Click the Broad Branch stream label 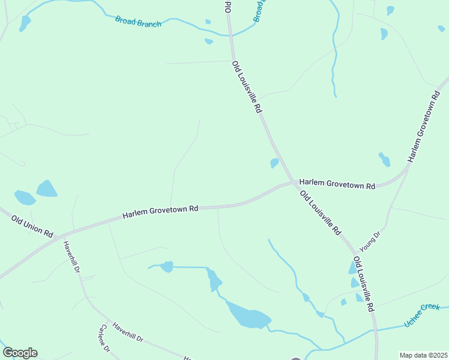point(138,22)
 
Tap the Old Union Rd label point(32,226)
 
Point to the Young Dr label point(370,241)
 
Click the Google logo point(20,353)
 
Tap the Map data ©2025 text point(423,355)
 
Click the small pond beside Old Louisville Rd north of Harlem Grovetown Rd point(274,163)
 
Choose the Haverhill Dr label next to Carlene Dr point(127,330)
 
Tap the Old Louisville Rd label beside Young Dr point(364,283)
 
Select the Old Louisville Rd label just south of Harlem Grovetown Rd point(321,212)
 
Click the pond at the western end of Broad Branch point(25,23)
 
